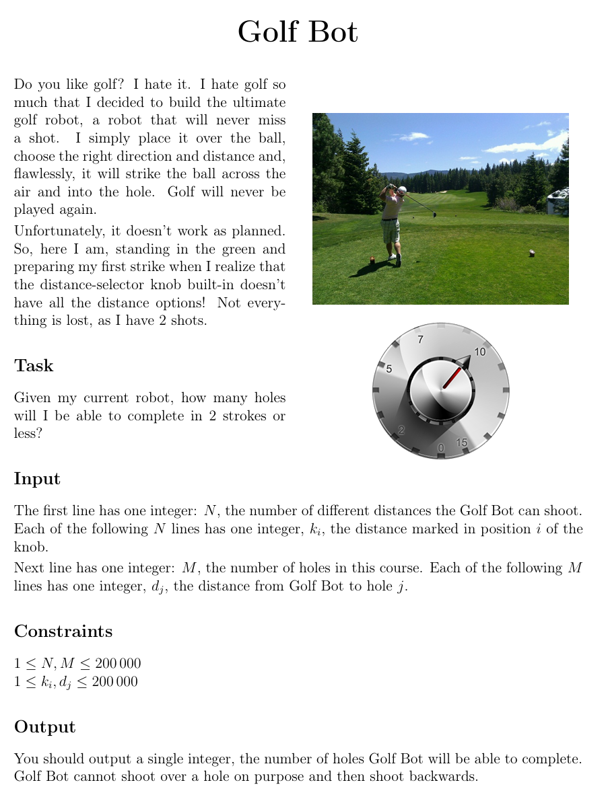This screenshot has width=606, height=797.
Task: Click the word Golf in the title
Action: coord(267,32)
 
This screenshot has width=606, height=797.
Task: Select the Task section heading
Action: coord(34,366)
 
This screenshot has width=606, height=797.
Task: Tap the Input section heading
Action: coord(37,479)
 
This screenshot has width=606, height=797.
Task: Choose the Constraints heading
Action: coord(63,632)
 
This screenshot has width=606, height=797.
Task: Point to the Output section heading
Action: coord(44,727)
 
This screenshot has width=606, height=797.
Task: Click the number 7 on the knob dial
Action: coord(421,340)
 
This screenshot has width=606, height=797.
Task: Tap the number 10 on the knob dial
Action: coord(480,352)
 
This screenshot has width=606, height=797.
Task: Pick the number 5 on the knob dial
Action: coord(389,369)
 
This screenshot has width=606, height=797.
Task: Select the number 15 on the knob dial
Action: coord(462,442)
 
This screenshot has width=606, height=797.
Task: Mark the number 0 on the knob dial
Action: coord(441,448)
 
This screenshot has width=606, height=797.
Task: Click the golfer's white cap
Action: coord(402,190)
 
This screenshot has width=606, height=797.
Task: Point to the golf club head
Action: coord(434,215)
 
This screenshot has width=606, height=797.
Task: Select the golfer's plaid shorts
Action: coord(391,231)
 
